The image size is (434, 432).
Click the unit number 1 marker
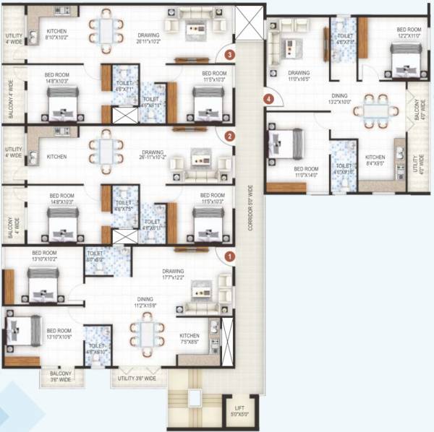click(x=229, y=255)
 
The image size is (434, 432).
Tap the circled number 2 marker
click(x=229, y=136)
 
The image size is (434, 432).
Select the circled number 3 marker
click(x=229, y=54)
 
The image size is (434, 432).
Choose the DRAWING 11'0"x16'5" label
click(x=299, y=76)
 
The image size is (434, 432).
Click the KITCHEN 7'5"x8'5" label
click(x=190, y=339)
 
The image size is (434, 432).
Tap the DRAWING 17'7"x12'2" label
click(x=173, y=275)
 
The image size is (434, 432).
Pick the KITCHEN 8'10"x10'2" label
click(x=57, y=35)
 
